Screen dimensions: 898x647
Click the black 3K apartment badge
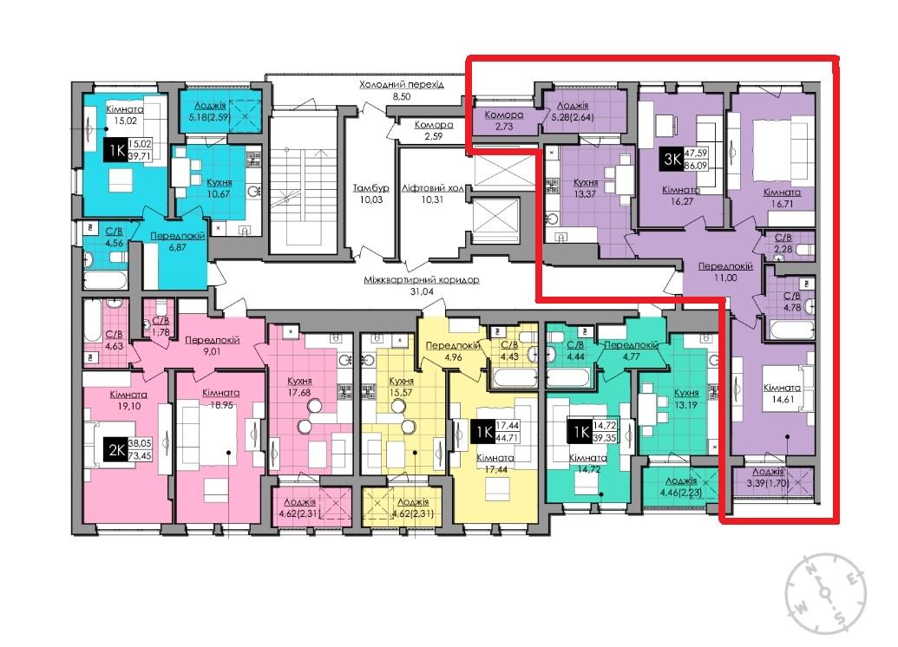672,158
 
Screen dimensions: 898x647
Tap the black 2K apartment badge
117,451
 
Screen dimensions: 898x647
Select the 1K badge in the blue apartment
117,151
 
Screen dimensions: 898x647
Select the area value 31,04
422,291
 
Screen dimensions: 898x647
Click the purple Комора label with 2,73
504,121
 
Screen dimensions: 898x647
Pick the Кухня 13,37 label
586,188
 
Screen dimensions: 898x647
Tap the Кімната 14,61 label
783,394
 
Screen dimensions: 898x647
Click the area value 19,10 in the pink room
129,406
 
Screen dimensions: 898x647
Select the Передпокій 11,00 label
725,272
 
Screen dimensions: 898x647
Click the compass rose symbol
825,593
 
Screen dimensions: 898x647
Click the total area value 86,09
696,166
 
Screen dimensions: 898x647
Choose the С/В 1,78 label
161,326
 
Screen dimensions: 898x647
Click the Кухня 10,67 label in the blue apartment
220,188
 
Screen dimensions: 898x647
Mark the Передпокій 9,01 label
212,346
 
